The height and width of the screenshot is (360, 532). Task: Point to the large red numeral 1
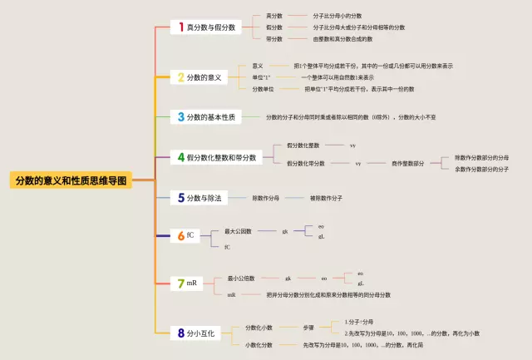180,27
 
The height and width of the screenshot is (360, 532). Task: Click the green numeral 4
180,156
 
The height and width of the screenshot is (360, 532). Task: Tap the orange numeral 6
180,235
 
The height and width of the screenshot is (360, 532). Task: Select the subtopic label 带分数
274,39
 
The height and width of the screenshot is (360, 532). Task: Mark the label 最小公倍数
241,279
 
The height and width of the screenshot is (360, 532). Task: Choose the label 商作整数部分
407,164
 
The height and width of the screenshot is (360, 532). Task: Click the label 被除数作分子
326,199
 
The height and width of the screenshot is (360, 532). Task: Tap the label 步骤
308,328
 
